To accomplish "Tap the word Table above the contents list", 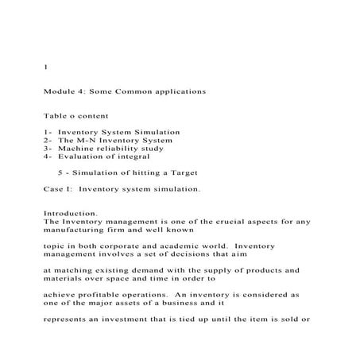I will point(55,115).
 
